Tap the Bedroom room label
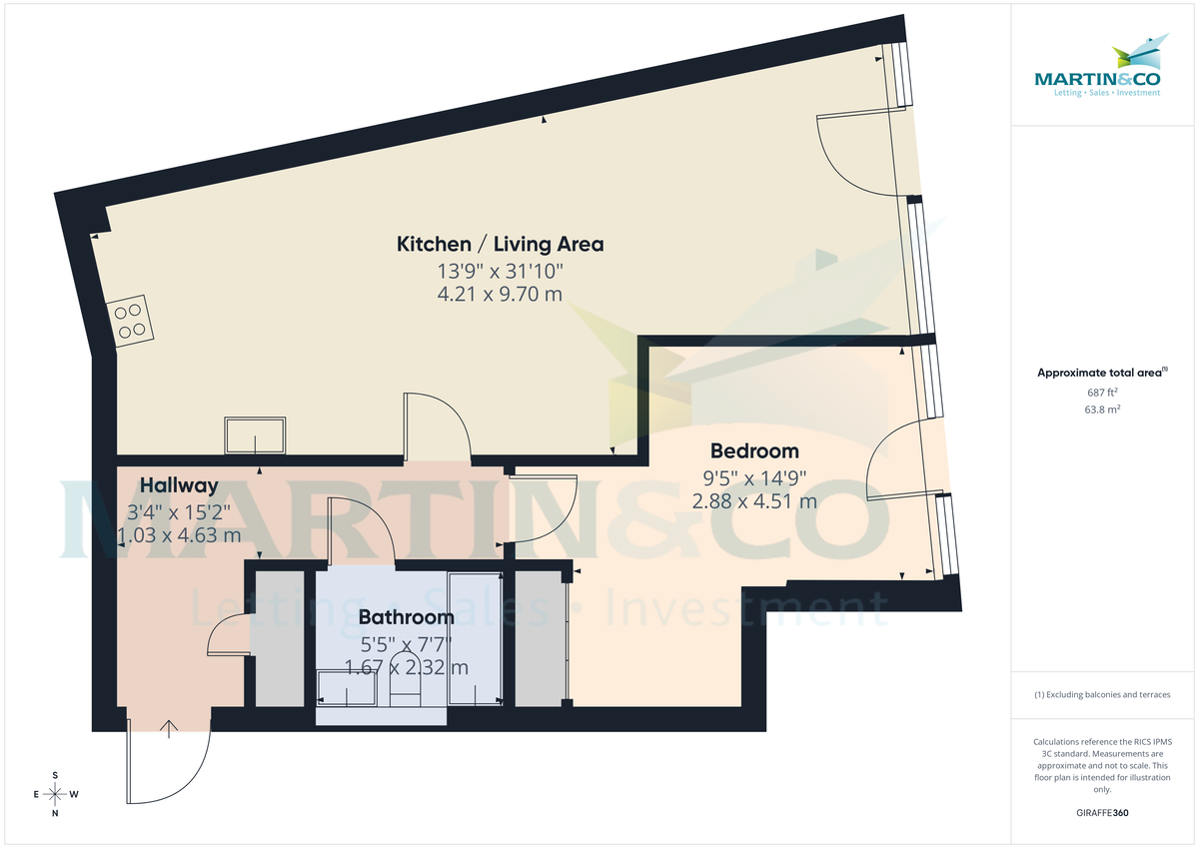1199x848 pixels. tap(754, 451)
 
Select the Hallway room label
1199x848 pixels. tap(179, 485)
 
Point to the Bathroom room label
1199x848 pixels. tap(406, 617)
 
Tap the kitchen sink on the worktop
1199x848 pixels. tap(257, 434)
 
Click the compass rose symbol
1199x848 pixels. tap(55, 794)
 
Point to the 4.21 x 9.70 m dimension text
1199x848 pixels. tap(500, 294)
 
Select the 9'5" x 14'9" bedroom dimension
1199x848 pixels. tap(754, 477)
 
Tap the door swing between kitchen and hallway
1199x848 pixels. tap(438, 424)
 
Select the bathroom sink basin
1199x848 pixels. tap(345, 686)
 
